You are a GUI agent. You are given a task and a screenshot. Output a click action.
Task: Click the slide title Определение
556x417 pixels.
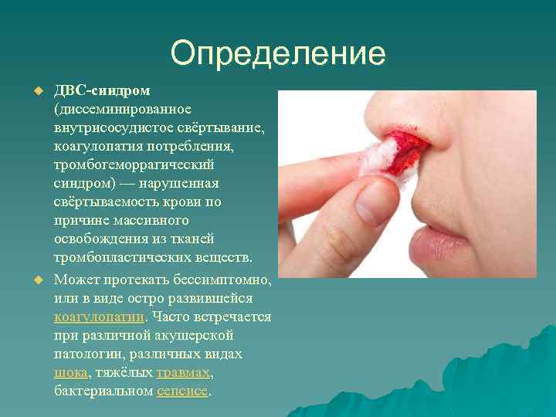[278, 53]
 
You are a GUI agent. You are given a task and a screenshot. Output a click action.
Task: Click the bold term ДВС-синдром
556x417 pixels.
[101, 92]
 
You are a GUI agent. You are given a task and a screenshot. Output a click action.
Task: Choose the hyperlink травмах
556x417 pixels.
[182, 372]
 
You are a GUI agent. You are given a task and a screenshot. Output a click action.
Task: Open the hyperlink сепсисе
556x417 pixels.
[181, 391]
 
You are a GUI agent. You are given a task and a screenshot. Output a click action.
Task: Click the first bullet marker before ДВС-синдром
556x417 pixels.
[34, 92]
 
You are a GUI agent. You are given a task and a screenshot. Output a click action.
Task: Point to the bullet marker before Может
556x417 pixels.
[34, 279]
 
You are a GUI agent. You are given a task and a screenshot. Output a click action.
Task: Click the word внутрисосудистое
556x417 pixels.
[108, 129]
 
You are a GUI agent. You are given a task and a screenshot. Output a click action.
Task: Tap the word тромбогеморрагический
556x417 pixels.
[134, 166]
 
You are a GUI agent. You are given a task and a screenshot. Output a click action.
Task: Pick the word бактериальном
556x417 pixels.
[103, 391]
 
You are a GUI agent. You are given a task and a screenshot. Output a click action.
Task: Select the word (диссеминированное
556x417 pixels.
[117, 110]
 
